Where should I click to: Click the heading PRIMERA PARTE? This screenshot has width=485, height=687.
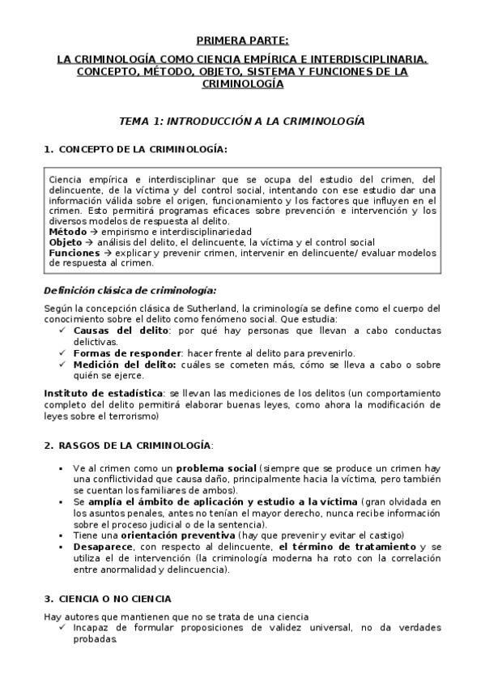click(242, 40)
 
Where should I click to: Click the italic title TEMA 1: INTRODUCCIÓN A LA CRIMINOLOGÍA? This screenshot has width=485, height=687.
click(241, 120)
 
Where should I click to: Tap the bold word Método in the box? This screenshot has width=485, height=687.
click(67, 232)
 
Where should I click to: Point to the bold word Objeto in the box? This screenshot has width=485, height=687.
click(66, 242)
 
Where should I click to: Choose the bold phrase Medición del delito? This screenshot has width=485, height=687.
click(120, 364)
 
